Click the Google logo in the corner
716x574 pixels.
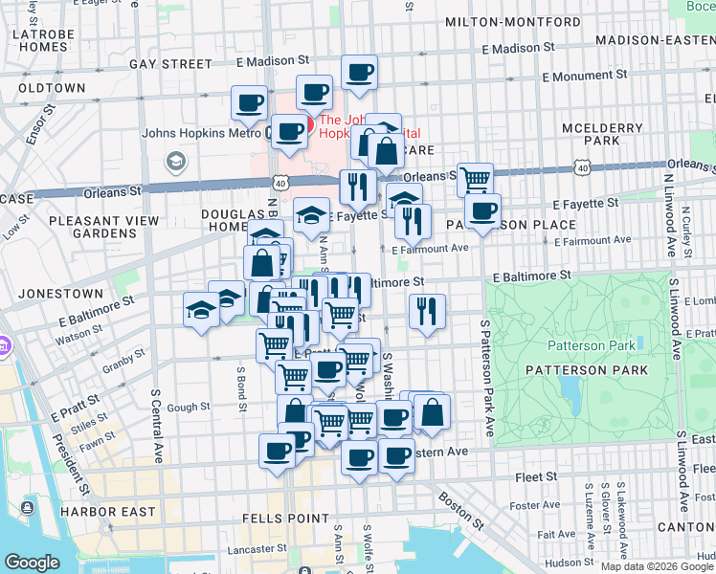point(33,563)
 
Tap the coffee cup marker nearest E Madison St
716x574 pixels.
point(359,73)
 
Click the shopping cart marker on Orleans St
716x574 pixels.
point(475,177)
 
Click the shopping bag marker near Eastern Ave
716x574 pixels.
point(433,411)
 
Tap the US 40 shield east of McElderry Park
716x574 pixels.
point(582,167)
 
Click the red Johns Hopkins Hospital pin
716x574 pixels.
point(297,126)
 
